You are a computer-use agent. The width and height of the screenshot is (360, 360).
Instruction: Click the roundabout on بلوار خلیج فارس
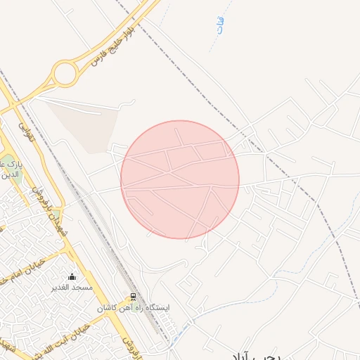point(65,72)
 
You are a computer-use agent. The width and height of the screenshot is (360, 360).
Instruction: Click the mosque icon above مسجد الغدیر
point(72,276)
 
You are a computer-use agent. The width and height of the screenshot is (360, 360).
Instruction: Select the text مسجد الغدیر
point(72,288)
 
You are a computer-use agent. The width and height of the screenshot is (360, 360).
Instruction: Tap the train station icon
point(132,297)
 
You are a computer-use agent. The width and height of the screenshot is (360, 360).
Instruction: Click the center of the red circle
point(180,180)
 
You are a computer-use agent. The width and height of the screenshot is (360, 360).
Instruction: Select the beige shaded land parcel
point(84,127)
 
